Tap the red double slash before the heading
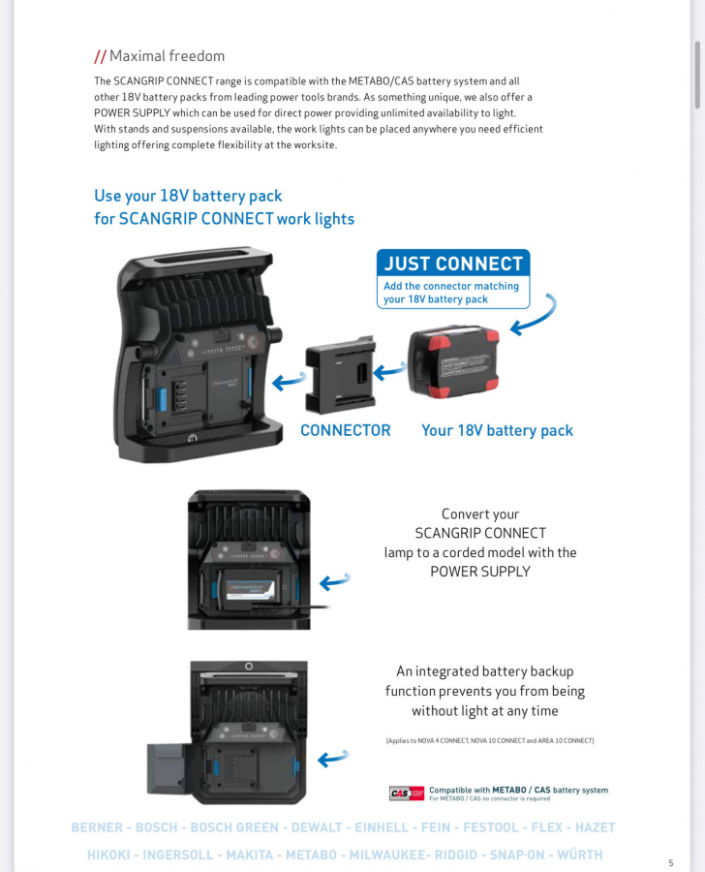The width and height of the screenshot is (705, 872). (100, 56)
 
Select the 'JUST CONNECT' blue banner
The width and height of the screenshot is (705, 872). (453, 264)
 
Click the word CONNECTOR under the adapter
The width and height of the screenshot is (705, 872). (346, 430)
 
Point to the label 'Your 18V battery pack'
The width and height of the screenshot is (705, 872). (497, 430)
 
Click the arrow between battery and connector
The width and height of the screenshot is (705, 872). (389, 368)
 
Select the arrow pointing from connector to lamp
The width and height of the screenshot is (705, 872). (289, 382)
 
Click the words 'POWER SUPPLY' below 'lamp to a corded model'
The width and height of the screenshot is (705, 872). (480, 572)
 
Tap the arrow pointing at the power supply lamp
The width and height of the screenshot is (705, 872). (335, 581)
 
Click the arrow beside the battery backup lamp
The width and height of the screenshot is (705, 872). (335, 758)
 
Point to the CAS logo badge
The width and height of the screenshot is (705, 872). (407, 794)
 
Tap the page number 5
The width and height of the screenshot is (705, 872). (670, 862)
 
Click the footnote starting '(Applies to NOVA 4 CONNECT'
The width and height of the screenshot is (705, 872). (489, 740)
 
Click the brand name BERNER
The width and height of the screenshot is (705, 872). (97, 827)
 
